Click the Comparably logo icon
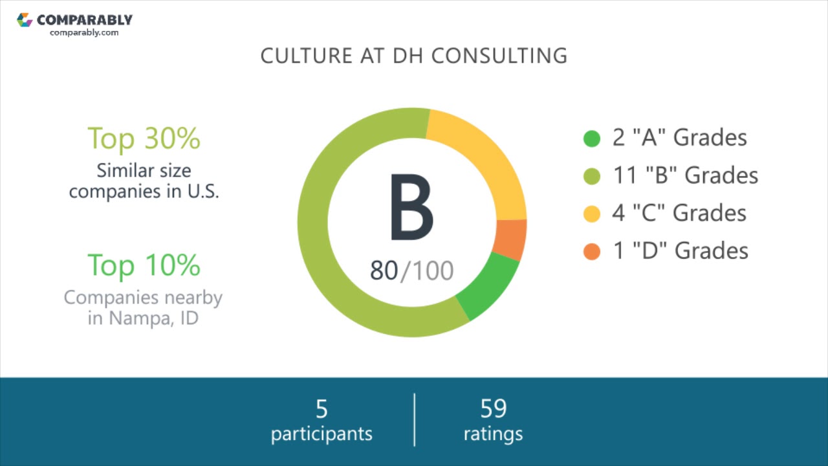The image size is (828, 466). point(25,20)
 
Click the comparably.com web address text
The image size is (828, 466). point(84,32)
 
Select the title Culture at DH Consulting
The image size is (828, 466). point(414,56)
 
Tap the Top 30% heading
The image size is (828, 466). point(144,138)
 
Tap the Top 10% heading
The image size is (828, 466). point(144,265)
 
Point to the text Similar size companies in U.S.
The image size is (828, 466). point(144,181)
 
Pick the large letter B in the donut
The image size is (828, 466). point(411,207)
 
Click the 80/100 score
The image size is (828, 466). point(411,271)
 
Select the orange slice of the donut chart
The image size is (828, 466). point(510,239)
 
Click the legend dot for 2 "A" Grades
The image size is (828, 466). point(592,139)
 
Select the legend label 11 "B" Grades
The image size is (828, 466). point(685,175)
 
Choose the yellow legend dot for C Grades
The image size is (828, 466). point(592,214)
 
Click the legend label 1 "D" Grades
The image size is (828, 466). point(681,250)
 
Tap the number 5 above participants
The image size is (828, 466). point(321,409)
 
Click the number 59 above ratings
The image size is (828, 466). point(494,409)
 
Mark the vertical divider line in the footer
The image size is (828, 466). point(414,419)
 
